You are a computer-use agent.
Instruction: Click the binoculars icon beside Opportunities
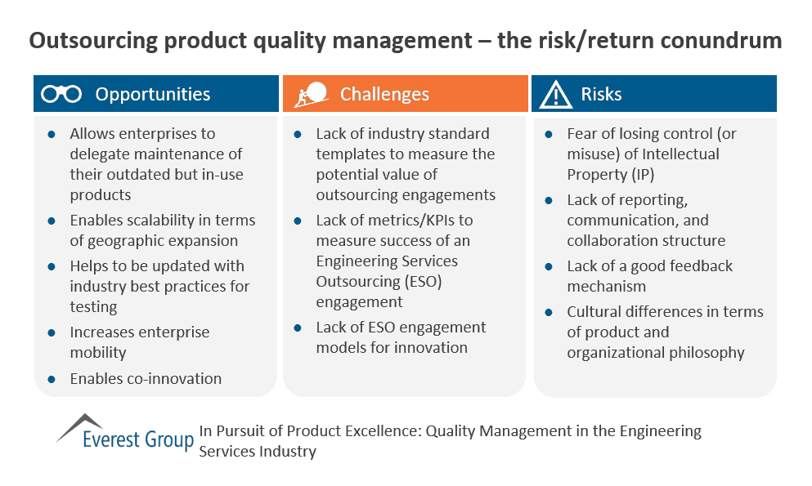pos(61,94)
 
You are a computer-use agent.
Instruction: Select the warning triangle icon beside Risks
pos(556,95)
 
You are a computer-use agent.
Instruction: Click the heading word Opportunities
pos(152,94)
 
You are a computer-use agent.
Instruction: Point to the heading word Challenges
pos(384,94)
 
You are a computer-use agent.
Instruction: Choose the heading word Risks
pos(601,94)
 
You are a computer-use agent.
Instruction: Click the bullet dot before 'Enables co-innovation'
pos(52,379)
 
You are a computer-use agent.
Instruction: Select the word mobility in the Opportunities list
pos(98,353)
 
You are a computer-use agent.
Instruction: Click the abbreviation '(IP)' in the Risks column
pos(639,175)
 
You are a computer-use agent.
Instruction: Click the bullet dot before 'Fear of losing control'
pos(549,134)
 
